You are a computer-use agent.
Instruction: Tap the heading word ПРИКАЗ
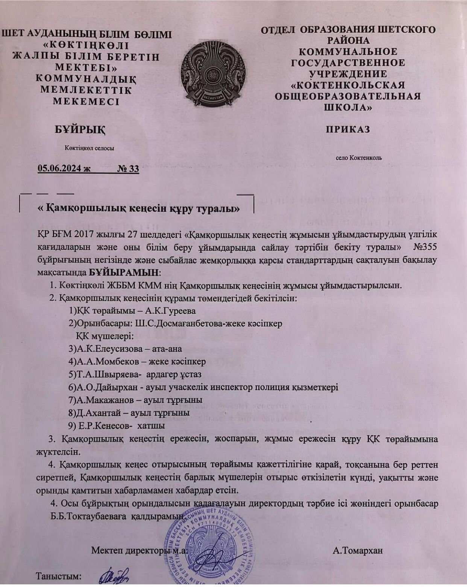tap(348, 129)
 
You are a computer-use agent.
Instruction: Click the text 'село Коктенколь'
tap(359, 158)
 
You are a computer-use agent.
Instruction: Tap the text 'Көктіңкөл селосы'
tap(89, 148)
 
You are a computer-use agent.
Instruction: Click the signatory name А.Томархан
tap(358, 551)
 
